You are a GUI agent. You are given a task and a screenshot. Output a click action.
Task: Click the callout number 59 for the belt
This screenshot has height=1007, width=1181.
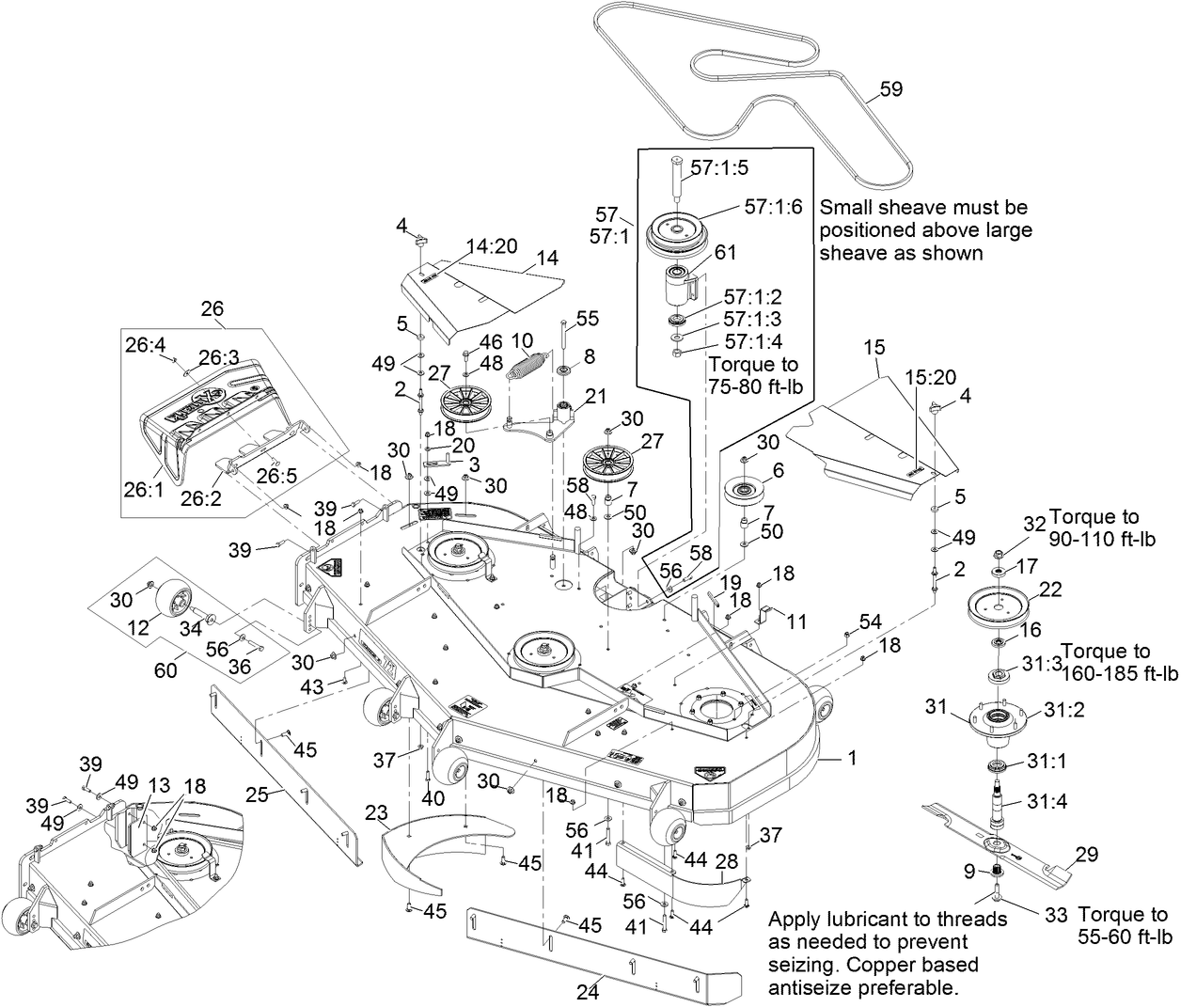890,89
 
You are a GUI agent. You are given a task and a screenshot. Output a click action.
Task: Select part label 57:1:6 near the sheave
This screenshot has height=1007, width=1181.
773,208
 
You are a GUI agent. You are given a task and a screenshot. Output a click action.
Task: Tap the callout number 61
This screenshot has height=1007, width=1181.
725,252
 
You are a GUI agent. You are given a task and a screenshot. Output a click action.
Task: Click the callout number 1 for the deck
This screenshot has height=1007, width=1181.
852,757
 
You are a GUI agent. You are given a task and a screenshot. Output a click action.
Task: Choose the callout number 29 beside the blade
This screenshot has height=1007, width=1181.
1086,855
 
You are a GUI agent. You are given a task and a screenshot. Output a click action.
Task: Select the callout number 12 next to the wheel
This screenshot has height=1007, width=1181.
138,625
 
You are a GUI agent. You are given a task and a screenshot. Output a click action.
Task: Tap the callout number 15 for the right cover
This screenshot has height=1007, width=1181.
874,347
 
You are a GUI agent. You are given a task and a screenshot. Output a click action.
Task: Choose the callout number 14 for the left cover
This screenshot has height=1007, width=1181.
546,258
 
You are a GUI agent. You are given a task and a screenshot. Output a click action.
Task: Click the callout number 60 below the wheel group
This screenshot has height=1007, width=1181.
165,670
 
